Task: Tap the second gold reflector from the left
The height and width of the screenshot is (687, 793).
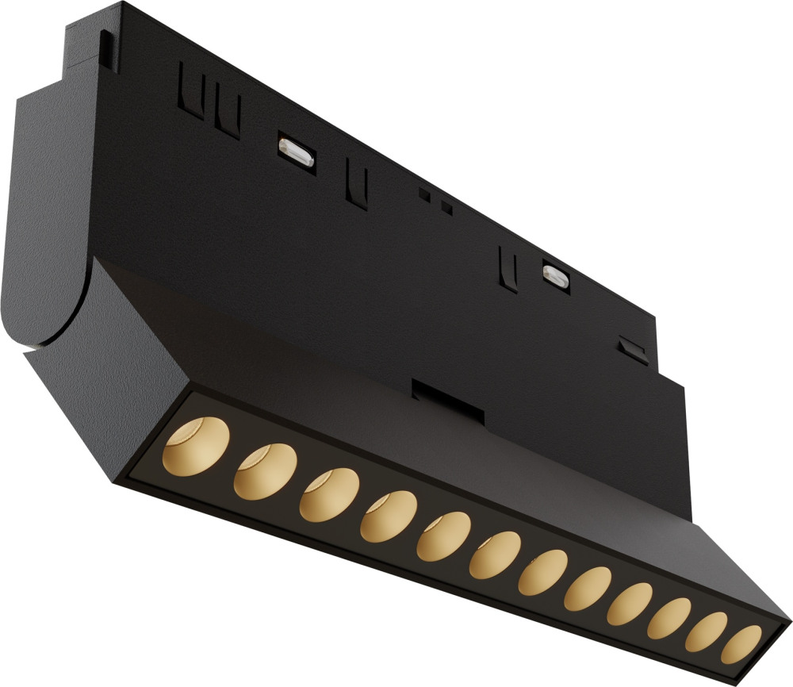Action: [x=265, y=471]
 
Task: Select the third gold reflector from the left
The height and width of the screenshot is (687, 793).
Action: [x=328, y=496]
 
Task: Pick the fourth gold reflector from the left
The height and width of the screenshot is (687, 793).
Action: [x=388, y=517]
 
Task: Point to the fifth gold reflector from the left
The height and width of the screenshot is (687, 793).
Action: [x=442, y=537]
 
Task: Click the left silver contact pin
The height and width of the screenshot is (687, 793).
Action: [x=295, y=152]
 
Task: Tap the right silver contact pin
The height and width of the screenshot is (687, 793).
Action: [x=554, y=274]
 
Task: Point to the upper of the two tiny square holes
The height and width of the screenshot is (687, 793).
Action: [x=424, y=194]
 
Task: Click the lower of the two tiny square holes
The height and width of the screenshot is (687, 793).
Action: [x=446, y=209]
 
